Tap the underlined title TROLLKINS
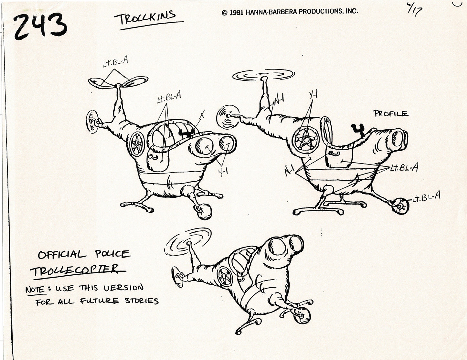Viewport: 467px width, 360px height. click(x=147, y=18)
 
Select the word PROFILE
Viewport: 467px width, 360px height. click(x=391, y=113)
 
